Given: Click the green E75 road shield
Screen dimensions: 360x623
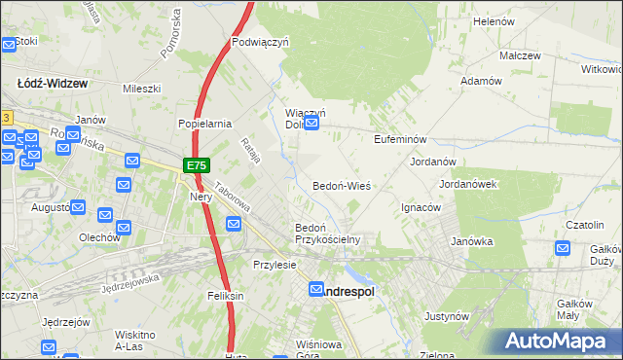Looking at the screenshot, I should (196, 166).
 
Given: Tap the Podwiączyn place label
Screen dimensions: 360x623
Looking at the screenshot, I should (262, 42).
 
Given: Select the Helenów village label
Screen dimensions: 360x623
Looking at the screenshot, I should (493, 20).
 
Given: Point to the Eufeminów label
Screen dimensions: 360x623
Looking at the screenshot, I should (401, 139).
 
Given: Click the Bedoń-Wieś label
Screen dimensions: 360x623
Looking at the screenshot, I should (341, 185).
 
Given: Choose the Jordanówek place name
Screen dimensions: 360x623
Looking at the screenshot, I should (468, 183).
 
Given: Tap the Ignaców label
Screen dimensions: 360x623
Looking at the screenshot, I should (421, 207).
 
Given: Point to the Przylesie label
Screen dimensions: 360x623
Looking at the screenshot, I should (274, 265).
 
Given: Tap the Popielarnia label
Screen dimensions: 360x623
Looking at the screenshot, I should (203, 124).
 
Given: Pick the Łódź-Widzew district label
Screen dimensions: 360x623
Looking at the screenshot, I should (53, 84).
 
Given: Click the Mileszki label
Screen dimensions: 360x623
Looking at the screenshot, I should (140, 88).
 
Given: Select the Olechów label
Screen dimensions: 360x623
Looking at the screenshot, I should (99, 236).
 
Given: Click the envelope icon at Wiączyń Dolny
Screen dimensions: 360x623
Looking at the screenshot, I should (311, 124).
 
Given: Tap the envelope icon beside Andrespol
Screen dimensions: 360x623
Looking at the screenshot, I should (317, 289).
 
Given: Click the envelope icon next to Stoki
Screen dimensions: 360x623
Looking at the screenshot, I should (8, 43).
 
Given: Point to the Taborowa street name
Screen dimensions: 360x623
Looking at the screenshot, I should (234, 199).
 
